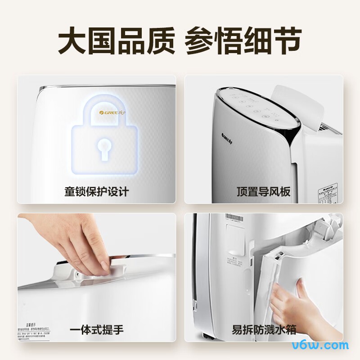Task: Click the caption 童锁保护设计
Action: (97, 192)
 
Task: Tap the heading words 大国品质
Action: (116, 42)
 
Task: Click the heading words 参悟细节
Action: (243, 42)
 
